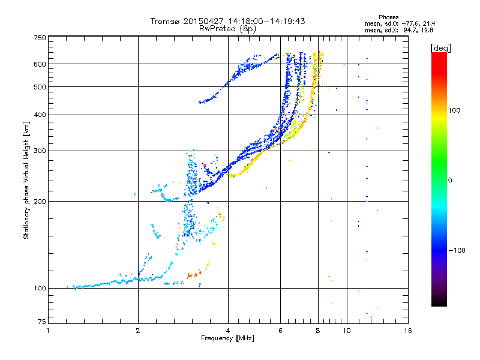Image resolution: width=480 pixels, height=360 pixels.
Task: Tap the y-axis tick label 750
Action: click(40, 38)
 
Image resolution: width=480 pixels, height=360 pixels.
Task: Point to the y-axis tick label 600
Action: click(40, 64)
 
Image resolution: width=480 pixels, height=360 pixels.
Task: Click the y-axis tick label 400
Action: click(40, 115)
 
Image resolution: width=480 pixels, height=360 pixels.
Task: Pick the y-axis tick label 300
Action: click(40, 151)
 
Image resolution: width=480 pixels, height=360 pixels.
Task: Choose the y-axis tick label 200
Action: click(40, 202)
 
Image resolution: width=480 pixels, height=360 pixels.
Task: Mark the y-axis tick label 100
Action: click(40, 289)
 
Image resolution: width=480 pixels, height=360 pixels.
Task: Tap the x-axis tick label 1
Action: click(48, 331)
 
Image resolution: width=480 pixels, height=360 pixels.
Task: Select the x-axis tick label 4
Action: click(228, 331)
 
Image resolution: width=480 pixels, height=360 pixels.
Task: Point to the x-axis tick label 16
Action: click(407, 331)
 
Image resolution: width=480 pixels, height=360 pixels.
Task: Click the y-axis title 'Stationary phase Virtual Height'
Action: click(26, 180)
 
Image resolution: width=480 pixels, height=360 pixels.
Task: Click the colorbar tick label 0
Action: click(450, 180)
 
